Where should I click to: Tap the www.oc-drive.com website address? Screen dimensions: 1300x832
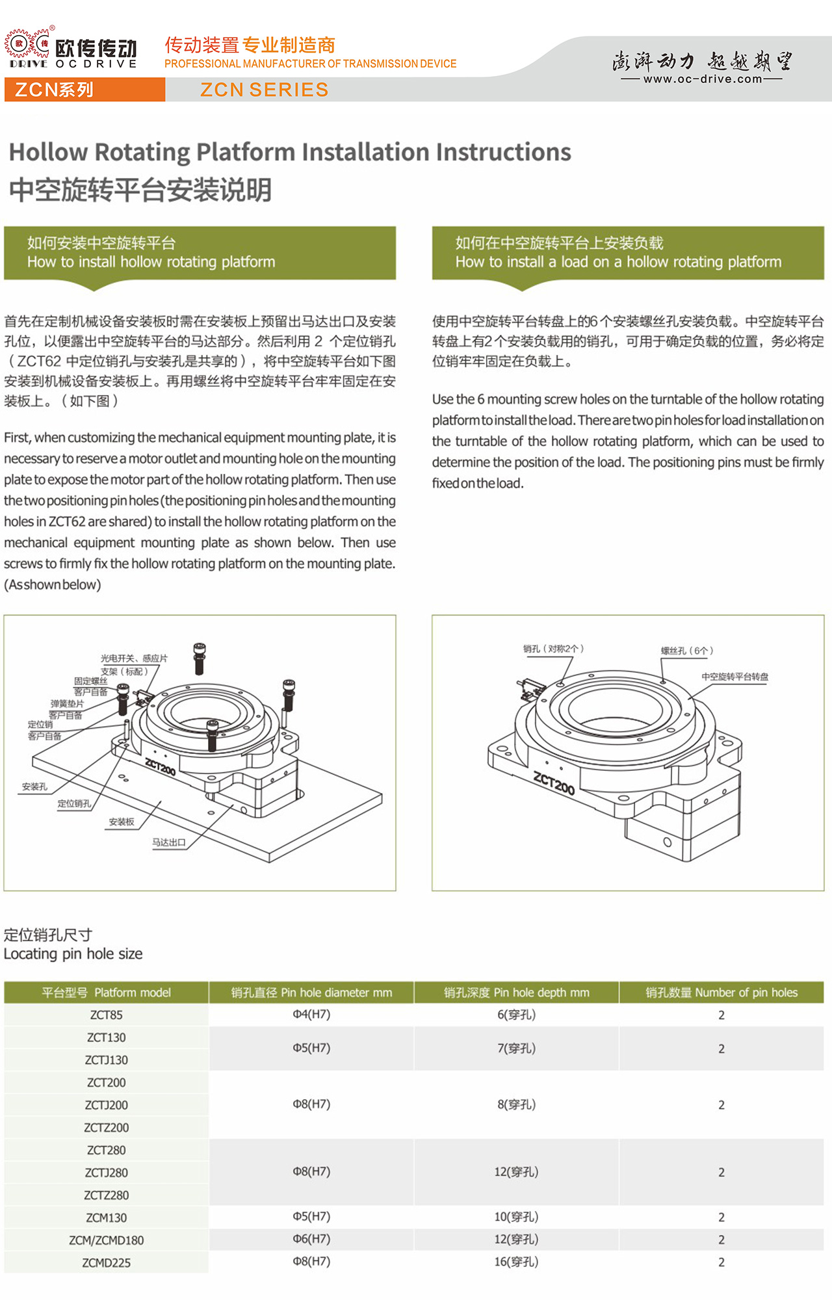pyautogui.click(x=702, y=79)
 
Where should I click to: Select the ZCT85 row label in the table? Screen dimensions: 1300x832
pyautogui.click(x=106, y=1015)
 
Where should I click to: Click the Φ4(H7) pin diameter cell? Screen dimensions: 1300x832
pyautogui.click(x=311, y=1014)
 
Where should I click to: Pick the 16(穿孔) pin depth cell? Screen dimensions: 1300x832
pyautogui.click(x=516, y=1262)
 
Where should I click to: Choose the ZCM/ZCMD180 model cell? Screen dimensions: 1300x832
pyautogui.click(x=106, y=1240)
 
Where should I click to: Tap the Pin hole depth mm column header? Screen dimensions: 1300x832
pyautogui.click(x=517, y=993)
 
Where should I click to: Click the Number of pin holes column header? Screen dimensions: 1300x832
pyautogui.click(x=721, y=993)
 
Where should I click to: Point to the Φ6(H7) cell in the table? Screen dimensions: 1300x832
pyautogui.click(x=311, y=1239)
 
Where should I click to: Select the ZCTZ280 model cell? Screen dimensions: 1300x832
pyautogui.click(x=106, y=1195)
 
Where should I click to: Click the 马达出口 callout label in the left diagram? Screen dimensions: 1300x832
pyautogui.click(x=169, y=842)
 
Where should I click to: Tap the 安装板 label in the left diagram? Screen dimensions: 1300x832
pyautogui.click(x=122, y=822)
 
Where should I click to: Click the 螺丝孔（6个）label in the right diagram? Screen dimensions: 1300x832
pyautogui.click(x=687, y=651)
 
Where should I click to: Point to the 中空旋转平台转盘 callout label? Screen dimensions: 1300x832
pyautogui.click(x=734, y=677)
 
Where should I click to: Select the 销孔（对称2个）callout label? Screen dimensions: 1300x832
pyautogui.click(x=554, y=649)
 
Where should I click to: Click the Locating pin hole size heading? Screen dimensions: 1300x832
pyautogui.click(x=73, y=954)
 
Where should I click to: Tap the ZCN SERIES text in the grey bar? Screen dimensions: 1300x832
pyautogui.click(x=264, y=90)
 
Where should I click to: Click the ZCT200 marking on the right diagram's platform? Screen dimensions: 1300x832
pyautogui.click(x=554, y=783)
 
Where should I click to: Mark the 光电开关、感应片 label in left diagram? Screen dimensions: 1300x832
pyautogui.click(x=134, y=658)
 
